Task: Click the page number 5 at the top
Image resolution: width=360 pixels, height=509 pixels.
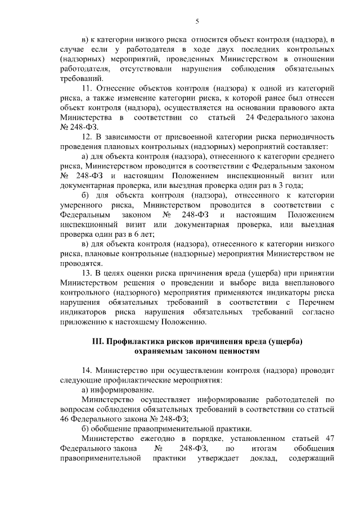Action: click(197, 21)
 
